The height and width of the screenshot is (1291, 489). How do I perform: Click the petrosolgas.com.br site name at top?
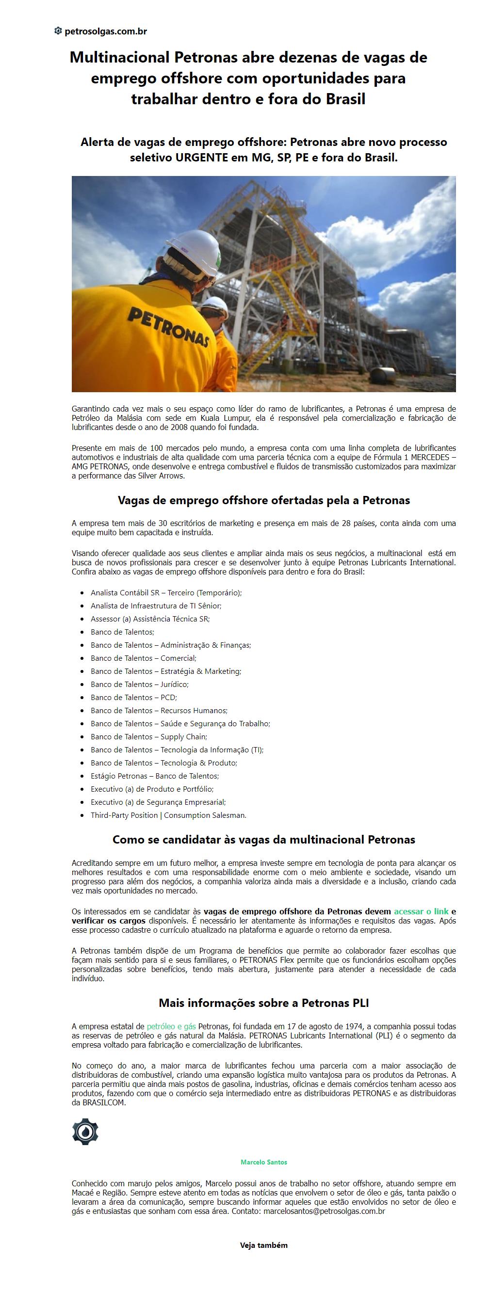(106, 32)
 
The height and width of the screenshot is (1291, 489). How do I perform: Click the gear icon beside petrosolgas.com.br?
(58, 31)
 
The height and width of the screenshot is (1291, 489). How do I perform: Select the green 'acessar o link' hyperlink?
(421, 911)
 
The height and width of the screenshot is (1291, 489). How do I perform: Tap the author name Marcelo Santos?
(264, 1162)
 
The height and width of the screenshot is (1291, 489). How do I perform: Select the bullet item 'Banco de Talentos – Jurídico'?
(139, 685)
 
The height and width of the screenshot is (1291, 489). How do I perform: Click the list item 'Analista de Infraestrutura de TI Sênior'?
(155, 606)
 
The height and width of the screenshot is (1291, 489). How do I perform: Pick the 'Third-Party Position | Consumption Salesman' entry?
(168, 815)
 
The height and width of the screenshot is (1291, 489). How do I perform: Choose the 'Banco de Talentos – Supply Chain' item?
(148, 737)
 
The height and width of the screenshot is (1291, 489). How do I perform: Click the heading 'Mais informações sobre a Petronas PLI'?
(264, 1003)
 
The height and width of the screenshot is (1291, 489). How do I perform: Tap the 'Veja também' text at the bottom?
(264, 1245)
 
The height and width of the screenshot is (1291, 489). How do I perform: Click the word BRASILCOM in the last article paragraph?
(98, 1102)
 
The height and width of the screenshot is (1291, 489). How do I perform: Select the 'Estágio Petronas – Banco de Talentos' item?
(154, 776)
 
